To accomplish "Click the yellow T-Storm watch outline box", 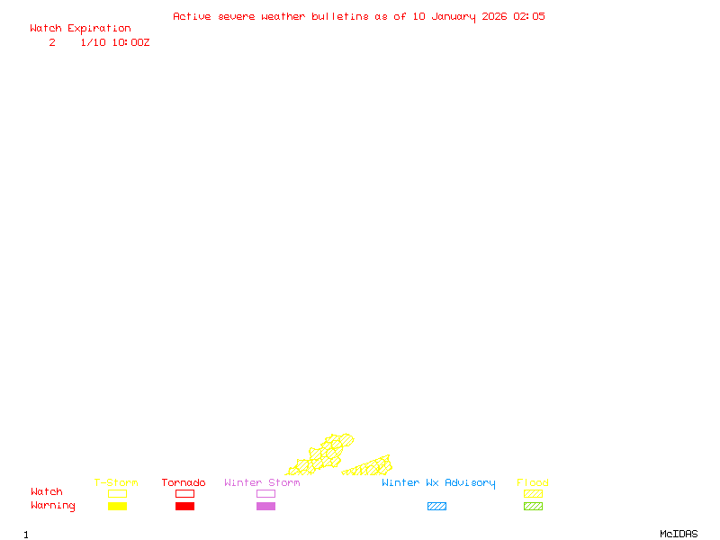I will point(117,493).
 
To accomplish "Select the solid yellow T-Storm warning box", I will point(117,507).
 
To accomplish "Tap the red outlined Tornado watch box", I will point(184,493).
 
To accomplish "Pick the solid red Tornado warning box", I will point(184,507).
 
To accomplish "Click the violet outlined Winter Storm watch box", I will point(265,493).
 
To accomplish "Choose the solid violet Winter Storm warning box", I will point(265,507).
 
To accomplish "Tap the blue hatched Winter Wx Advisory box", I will point(436,507).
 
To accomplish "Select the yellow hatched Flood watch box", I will point(533,493).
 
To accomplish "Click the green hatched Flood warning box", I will point(533,507).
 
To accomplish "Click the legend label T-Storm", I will point(116,482).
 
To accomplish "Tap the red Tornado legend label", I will point(184,482).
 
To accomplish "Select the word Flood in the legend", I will point(532,482).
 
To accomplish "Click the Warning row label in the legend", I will point(53,506).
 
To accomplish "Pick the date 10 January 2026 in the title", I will point(460,16).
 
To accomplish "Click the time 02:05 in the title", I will point(529,16).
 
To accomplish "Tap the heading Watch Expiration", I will point(80,28).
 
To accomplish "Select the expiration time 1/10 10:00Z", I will point(114,42).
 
